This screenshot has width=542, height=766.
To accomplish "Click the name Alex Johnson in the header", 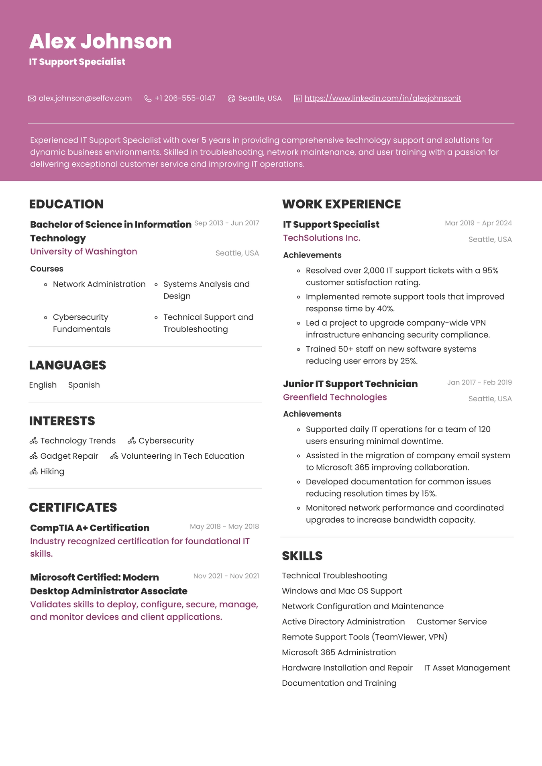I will coord(100,41).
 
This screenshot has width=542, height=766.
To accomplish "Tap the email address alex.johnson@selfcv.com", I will coord(85,98).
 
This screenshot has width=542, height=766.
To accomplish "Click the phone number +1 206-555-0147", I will coord(185,98).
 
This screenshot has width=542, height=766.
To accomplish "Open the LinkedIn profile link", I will coord(383,98).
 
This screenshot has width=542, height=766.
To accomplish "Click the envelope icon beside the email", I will coord(32,99).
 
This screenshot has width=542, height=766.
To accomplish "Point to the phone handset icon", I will coord(148,99).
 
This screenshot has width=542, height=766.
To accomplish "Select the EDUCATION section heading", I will coord(66,204).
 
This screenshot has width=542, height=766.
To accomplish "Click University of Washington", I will coord(84,251).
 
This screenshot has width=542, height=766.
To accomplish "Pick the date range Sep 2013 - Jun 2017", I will coord(226,223).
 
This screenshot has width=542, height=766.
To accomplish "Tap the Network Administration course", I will coord(99,284).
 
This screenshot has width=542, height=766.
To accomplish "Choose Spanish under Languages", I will coord(84,385).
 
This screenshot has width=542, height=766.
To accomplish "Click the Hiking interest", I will coord(52,472).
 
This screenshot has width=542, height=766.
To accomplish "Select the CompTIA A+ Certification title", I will coord(90,528).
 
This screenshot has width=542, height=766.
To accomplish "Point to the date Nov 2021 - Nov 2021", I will coord(226,576).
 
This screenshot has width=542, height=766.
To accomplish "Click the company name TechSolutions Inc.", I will coord(322,238).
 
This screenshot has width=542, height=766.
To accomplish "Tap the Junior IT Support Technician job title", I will coord(350,384).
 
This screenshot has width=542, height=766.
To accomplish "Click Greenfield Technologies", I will coord(335,397).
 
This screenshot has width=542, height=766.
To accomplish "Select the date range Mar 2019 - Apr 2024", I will coord(478,223).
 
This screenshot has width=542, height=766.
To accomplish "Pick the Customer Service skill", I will coord(451,622).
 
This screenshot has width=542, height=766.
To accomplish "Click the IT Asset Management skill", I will coord(467,668).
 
